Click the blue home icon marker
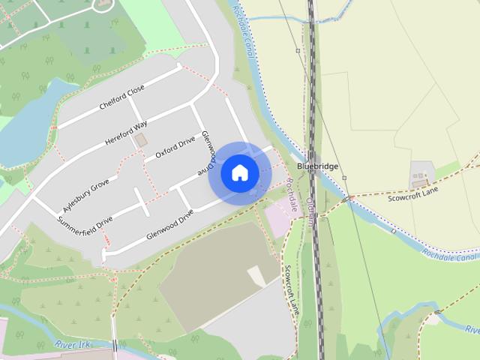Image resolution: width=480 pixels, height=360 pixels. (x=239, y=172)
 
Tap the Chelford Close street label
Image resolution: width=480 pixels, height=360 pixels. (x=121, y=99)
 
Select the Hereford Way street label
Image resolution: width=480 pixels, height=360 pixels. (x=126, y=130)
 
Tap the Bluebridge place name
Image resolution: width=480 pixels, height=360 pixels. (x=318, y=166)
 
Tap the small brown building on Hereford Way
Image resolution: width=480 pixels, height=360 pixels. (x=139, y=140)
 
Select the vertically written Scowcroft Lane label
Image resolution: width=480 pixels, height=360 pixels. (x=291, y=288)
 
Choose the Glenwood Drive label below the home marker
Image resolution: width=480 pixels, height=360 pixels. (x=170, y=220)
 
